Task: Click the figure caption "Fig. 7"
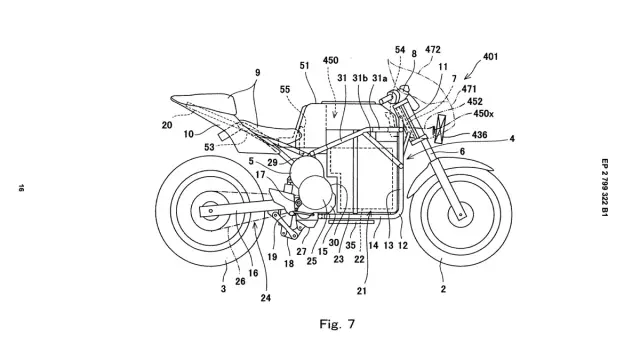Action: pyautogui.click(x=337, y=324)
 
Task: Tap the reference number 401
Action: pyautogui.click(x=490, y=56)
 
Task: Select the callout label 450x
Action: pyautogui.click(x=483, y=113)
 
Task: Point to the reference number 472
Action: pyautogui.click(x=433, y=49)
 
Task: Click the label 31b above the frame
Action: pyautogui.click(x=360, y=78)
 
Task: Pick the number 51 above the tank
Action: pyautogui.click(x=304, y=65)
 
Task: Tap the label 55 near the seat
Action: pyautogui.click(x=285, y=89)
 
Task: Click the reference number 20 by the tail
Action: pyautogui.click(x=167, y=125)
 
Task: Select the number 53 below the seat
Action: pyautogui.click(x=209, y=147)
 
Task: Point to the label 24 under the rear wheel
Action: pyautogui.click(x=266, y=298)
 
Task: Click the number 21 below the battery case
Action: pyautogui.click(x=362, y=291)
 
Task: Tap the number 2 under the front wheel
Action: pyautogui.click(x=443, y=289)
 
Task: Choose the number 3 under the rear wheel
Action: pyautogui.click(x=223, y=289)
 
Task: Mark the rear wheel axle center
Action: pyautogui.click(x=210, y=211)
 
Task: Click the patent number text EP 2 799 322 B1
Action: pyautogui.click(x=604, y=187)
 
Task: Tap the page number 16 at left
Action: pyautogui.click(x=20, y=188)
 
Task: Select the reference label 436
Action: pyautogui.click(x=479, y=134)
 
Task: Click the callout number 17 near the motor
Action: pyautogui.click(x=260, y=175)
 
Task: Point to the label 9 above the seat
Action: pyautogui.click(x=258, y=73)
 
